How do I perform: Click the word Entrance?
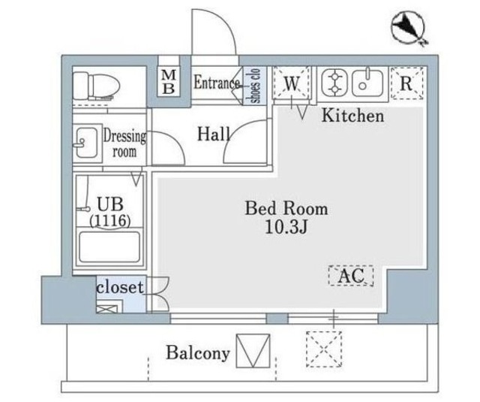(x=217, y=83)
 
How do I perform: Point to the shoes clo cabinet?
(x=254, y=84)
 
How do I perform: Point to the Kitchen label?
(x=352, y=116)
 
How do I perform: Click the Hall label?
(x=214, y=135)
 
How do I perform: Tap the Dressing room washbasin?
(x=84, y=142)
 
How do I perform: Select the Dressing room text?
(x=124, y=144)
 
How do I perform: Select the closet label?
(x=119, y=288)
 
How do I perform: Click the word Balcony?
(x=197, y=353)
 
